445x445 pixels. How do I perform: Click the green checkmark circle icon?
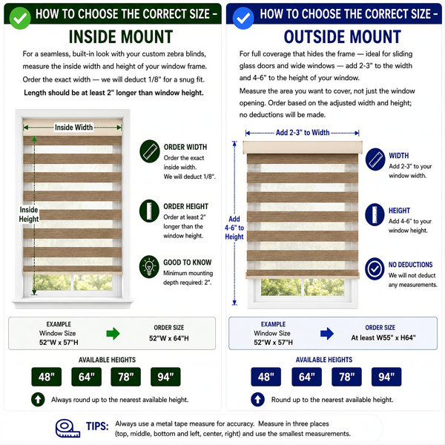coord(20,18)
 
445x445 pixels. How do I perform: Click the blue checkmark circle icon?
coord(243,18)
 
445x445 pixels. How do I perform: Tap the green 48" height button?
coord(47,377)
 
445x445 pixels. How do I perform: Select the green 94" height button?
coord(165,377)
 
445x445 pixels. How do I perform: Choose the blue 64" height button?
coord(306,377)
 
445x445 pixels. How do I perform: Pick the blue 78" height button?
coord(346,377)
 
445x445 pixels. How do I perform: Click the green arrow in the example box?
coord(113,334)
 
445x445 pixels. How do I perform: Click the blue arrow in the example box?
coord(327,334)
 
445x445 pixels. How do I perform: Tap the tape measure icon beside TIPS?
coord(67,428)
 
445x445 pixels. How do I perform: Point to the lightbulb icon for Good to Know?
coord(149,267)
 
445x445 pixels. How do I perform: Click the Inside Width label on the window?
coord(73,128)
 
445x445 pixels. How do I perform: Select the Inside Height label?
coord(29,214)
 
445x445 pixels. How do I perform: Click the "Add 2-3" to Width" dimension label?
coord(303,133)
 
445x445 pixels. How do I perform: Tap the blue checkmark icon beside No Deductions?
coord(375,268)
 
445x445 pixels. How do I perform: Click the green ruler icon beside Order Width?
coord(150,151)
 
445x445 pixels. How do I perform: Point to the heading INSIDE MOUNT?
coord(121,37)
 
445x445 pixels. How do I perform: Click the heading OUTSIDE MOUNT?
coord(342,37)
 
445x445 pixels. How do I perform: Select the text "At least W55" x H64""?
coord(383,337)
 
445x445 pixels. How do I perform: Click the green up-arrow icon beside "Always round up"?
coord(38,400)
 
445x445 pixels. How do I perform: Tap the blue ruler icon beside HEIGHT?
coord(375,214)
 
